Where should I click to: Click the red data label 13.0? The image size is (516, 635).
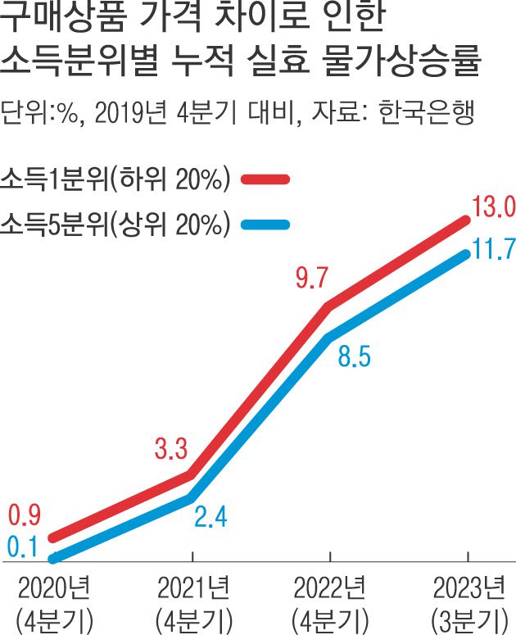(x=491, y=206)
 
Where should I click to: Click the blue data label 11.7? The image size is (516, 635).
(x=492, y=249)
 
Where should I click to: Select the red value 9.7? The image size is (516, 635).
(x=311, y=279)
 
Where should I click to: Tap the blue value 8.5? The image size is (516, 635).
(x=354, y=357)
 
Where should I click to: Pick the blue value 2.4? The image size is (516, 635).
(x=210, y=517)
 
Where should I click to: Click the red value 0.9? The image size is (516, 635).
(x=25, y=516)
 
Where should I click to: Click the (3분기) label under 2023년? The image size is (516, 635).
(x=468, y=617)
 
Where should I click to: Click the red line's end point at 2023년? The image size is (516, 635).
(x=467, y=220)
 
